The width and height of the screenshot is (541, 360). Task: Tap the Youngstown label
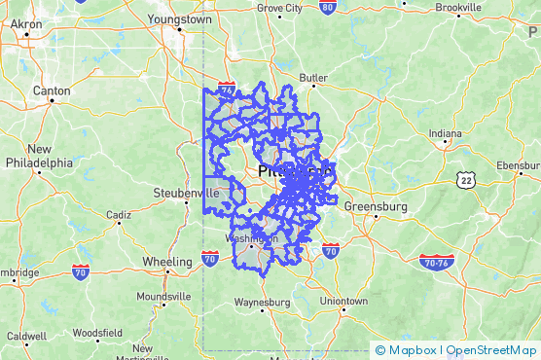click(179, 18)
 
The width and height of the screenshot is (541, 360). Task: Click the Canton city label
click(52, 90)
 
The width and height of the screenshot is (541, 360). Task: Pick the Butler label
click(313, 78)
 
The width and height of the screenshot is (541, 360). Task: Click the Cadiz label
click(119, 214)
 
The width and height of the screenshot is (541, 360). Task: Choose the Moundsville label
click(163, 296)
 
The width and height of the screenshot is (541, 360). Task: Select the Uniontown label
click(343, 302)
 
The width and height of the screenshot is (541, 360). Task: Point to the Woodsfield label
click(97, 332)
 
